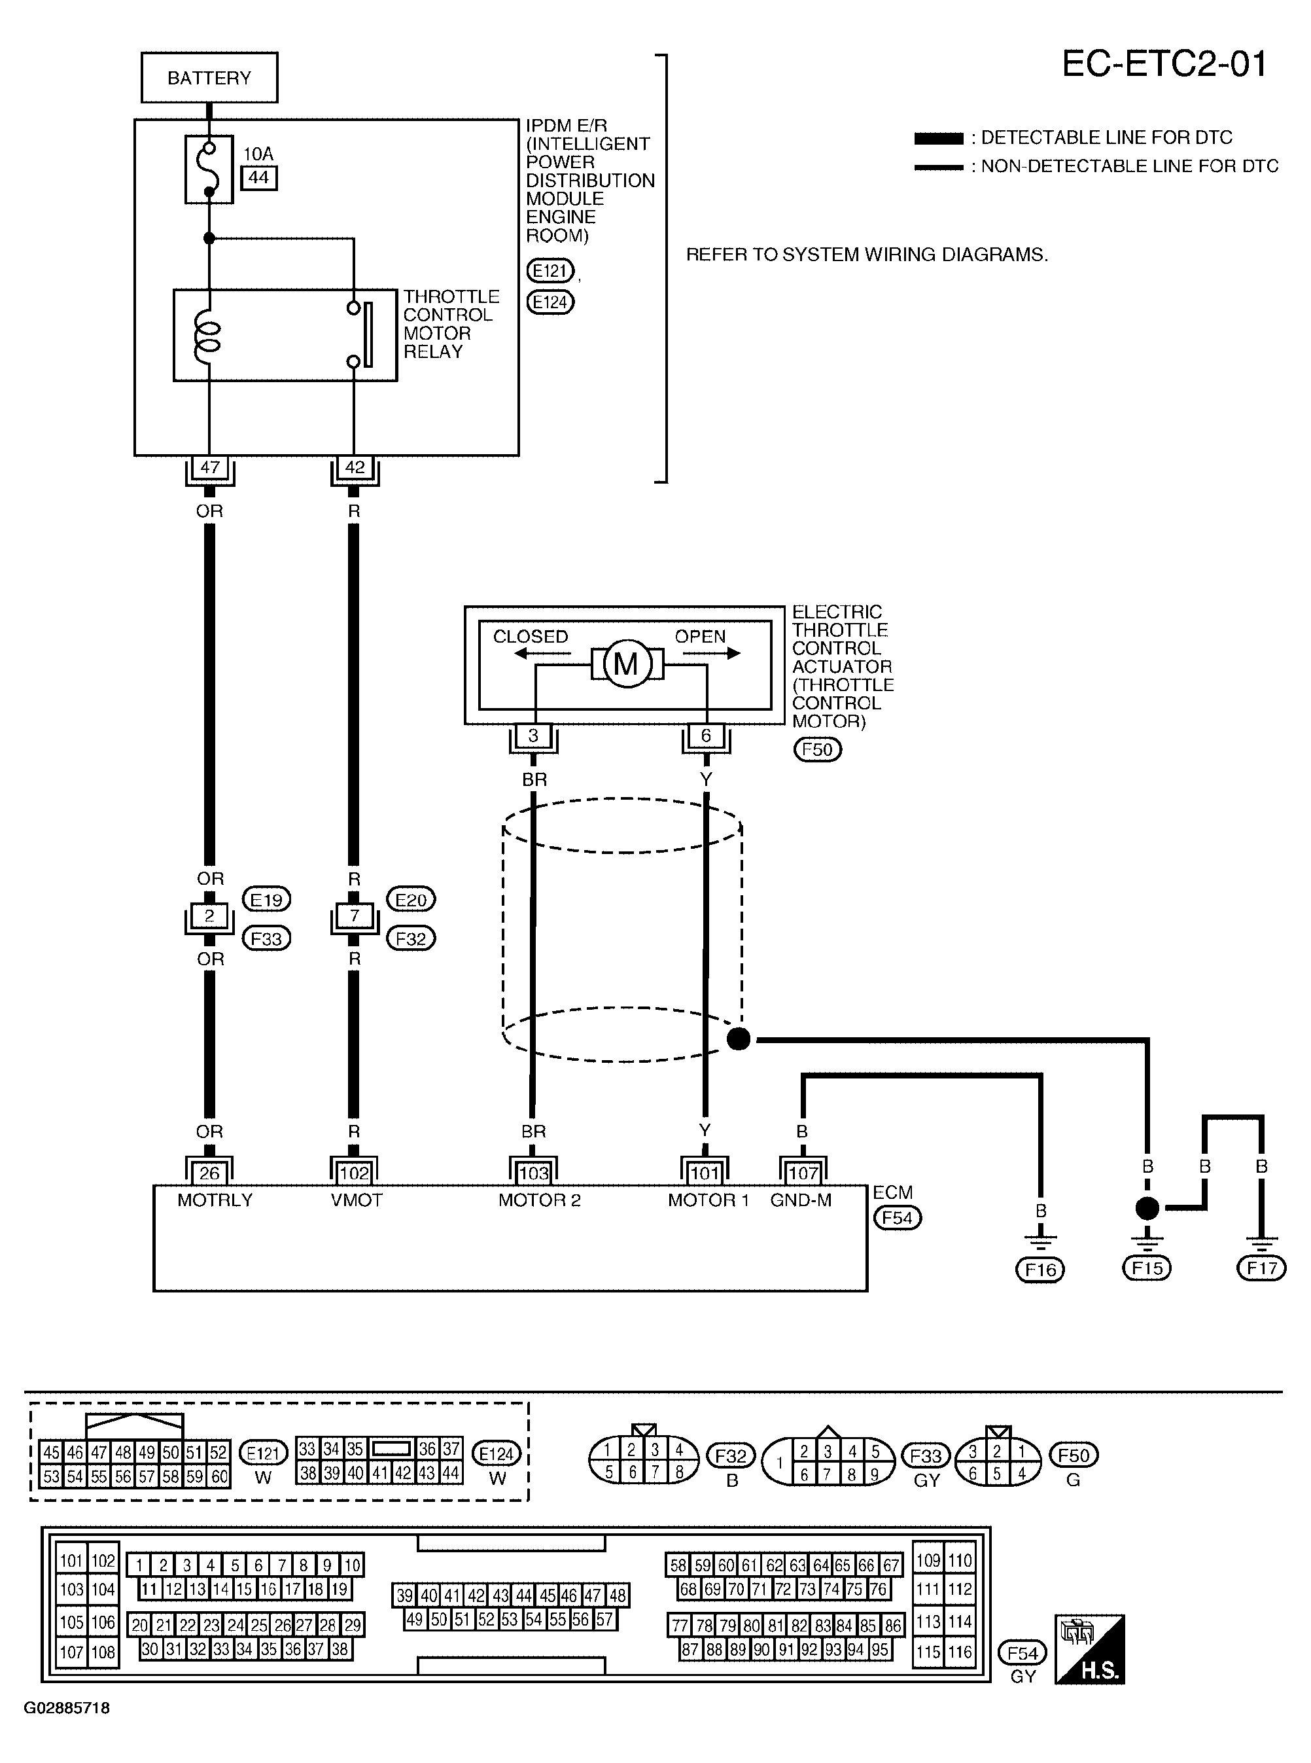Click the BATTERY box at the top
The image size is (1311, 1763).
pos(209,78)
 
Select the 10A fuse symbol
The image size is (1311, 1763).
pos(209,169)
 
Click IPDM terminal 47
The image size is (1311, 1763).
pos(209,467)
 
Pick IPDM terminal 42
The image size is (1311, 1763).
pos(355,467)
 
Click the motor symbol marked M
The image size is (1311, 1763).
pos(626,664)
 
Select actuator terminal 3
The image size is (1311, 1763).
pos(533,736)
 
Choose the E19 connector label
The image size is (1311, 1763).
pos(266,899)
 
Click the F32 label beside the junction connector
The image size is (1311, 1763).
pos(410,938)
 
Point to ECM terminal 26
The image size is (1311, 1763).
pos(209,1173)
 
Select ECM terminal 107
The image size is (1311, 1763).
pos(803,1173)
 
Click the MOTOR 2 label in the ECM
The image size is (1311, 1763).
pos(540,1200)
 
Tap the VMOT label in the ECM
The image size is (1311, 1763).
pos(357,1200)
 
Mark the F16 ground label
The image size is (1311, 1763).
pos(1040,1270)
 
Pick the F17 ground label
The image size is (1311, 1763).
pos(1261,1268)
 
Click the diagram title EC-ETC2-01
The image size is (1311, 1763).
pos(1164,64)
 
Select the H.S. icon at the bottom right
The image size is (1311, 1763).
pos(1090,1650)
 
